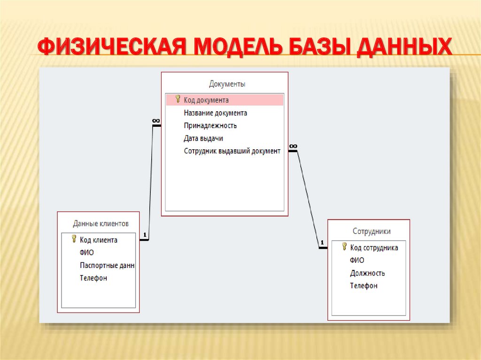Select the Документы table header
click(x=227, y=84)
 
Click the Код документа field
click(x=206, y=100)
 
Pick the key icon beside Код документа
click(x=178, y=99)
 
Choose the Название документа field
click(x=215, y=113)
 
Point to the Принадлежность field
click(x=210, y=125)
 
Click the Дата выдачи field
click(x=203, y=138)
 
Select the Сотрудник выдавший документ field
click(x=232, y=151)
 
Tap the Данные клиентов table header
click(x=101, y=223)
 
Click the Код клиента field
click(x=99, y=240)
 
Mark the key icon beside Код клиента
click(x=74, y=239)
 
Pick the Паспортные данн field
click(x=107, y=265)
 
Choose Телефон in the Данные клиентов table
click(x=93, y=278)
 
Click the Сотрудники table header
click(x=371, y=231)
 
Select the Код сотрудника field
click(x=374, y=247)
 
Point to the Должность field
click(x=367, y=273)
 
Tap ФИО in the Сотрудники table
click(x=357, y=260)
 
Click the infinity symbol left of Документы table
click(x=156, y=121)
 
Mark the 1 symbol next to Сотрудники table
click(x=322, y=243)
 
